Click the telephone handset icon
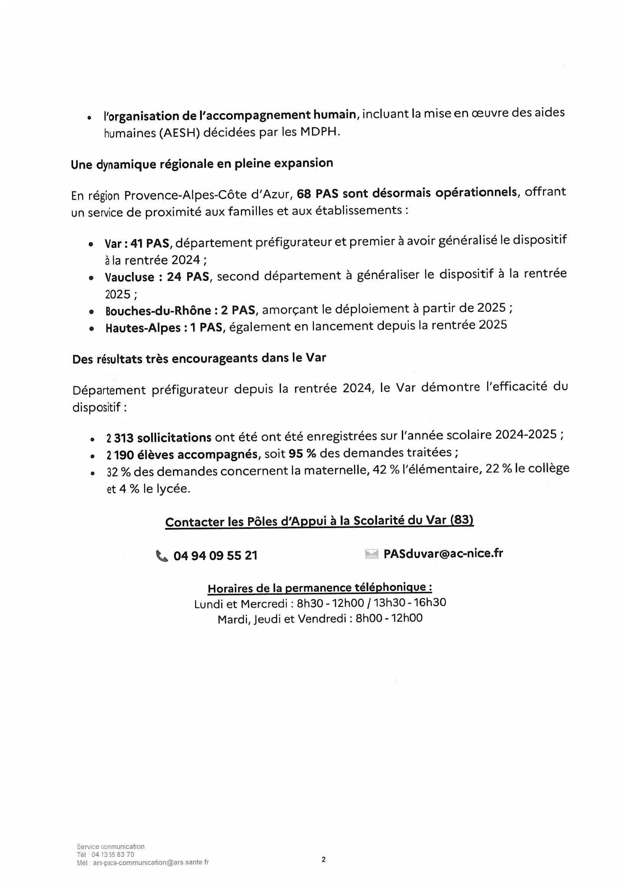click(x=162, y=556)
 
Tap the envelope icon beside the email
click(x=372, y=554)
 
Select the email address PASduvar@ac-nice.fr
click(x=443, y=554)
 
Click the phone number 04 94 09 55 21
click(x=215, y=556)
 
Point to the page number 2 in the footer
click(x=323, y=859)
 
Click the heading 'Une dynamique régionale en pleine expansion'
click(x=202, y=164)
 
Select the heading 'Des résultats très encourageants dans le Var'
click(x=199, y=358)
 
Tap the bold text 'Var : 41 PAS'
click(x=137, y=244)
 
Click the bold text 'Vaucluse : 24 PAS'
click(x=157, y=277)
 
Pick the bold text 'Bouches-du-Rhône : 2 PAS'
click(x=180, y=311)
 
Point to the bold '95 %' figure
click(x=302, y=454)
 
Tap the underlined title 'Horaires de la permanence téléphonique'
click(x=320, y=587)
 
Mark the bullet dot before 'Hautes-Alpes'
click(x=91, y=329)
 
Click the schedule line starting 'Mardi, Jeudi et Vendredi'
click(x=320, y=619)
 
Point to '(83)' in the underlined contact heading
click(x=462, y=520)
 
